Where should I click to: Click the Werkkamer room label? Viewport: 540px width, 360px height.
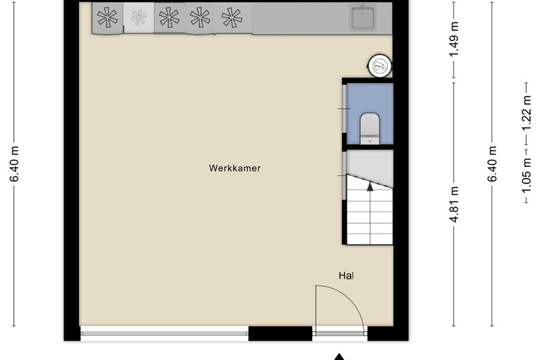[x=235, y=168]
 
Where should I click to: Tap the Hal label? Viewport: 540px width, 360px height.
[x=346, y=276]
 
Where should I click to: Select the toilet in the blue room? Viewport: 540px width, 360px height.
[x=370, y=128]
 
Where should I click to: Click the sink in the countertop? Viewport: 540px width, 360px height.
[x=362, y=17]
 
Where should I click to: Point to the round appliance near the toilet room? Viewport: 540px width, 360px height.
[x=380, y=66]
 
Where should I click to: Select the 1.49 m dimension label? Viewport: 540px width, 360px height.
[x=455, y=39]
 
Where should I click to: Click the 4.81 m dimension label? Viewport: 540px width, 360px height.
[x=455, y=204]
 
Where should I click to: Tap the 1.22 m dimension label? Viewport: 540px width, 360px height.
[x=526, y=114]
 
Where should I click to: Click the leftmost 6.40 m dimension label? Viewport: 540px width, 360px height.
[x=15, y=163]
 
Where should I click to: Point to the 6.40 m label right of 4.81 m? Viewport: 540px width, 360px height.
[x=492, y=163]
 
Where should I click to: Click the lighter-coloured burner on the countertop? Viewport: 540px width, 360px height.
[x=138, y=17]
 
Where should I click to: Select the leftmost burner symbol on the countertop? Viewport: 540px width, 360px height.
[x=107, y=17]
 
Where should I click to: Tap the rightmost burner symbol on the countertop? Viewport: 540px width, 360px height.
[x=231, y=17]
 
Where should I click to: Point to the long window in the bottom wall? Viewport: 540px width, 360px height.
[x=164, y=334]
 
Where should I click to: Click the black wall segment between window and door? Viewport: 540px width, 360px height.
[x=280, y=334]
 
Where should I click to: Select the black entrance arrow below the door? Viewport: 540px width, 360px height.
[x=339, y=357]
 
